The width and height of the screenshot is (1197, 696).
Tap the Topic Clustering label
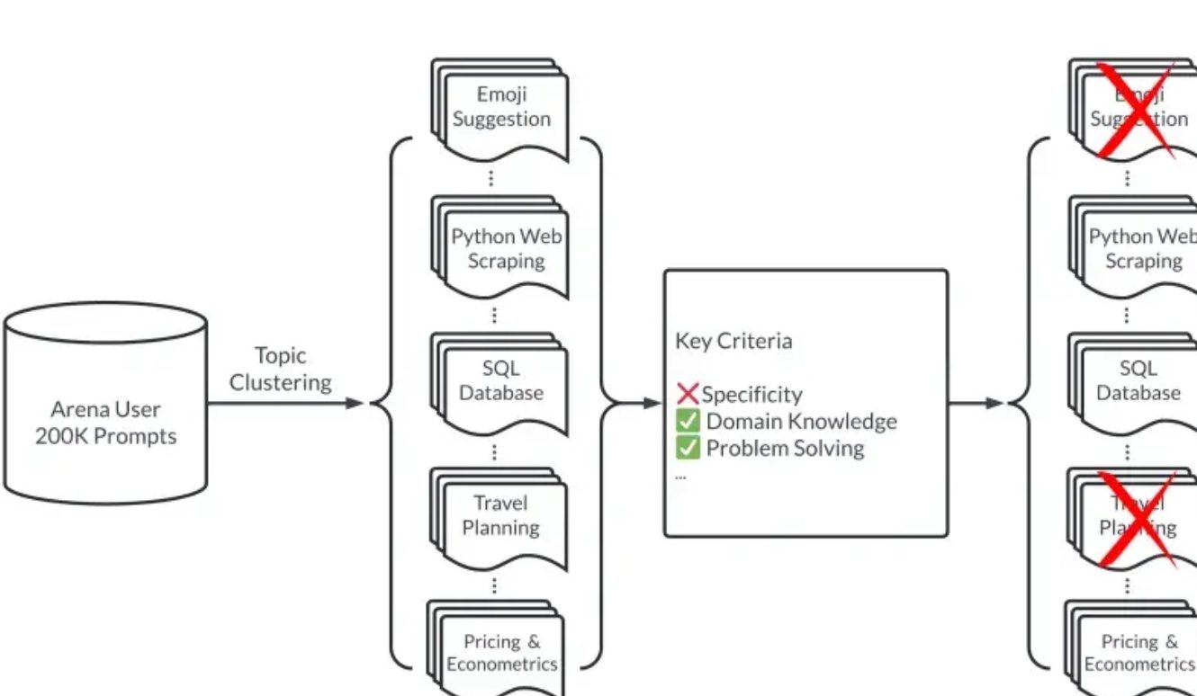click(280, 369)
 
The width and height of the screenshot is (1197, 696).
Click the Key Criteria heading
click(733, 341)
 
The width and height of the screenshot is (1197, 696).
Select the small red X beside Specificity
click(688, 393)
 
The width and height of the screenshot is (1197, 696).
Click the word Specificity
click(751, 395)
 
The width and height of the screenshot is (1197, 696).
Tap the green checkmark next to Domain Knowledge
click(688, 421)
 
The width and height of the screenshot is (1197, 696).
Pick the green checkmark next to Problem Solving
click(688, 448)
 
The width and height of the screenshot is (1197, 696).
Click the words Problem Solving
click(785, 448)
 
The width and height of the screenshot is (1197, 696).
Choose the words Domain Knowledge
click(801, 421)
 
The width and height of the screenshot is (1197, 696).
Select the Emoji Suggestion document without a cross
click(501, 108)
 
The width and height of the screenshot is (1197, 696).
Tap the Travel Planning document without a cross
click(501, 516)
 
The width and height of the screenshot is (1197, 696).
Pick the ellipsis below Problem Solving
click(680, 476)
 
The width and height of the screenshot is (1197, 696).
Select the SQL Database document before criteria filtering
click(501, 381)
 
